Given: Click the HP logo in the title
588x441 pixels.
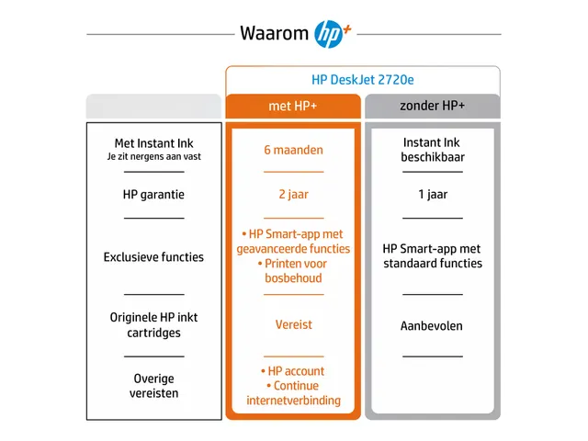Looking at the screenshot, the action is point(329,34).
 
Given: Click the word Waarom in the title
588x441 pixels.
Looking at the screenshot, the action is point(274,33).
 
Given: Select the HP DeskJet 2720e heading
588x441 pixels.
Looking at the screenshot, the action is point(363,80).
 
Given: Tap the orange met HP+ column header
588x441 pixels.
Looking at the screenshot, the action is point(293,107).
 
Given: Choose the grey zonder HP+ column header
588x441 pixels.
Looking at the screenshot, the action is point(433,107).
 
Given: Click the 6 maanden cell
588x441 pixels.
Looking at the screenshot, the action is point(293,150).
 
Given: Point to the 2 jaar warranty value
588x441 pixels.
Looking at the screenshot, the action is point(294,194).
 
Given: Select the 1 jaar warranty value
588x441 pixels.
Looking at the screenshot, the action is point(433,194).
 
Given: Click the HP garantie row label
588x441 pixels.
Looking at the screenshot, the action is point(153,195).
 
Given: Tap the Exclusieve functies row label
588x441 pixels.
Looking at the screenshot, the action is point(153,257).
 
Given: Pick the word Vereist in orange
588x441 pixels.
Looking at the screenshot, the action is point(294,324).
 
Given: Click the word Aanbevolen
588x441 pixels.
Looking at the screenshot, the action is point(432,326).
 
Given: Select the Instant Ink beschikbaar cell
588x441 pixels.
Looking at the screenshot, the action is point(433,150).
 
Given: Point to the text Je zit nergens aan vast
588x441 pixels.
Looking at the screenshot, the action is point(153,156).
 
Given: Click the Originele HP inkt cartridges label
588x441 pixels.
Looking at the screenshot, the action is point(153,324).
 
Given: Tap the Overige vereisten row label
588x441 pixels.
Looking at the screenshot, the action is point(153,386).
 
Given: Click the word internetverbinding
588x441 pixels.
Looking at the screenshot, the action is point(294,401).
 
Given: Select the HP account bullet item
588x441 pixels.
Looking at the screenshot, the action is point(292,371).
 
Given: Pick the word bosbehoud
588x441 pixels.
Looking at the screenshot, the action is point(293,278).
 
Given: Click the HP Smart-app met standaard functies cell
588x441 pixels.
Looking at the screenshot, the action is point(433,256).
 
